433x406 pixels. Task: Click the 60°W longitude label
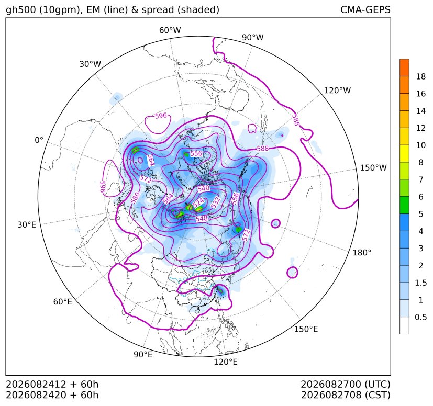tap(170, 30)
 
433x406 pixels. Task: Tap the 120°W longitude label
tap(337, 91)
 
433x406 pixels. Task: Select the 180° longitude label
tap(362, 253)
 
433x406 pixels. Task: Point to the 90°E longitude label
tap(143, 355)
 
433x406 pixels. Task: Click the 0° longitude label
tap(39, 140)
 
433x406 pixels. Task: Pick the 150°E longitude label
tap(306, 329)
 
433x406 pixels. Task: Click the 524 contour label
tap(198, 202)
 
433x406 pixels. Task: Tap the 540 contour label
tap(204, 188)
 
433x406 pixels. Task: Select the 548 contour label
tap(202, 219)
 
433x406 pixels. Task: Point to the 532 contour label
tap(216, 202)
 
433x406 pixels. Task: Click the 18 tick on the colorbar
tap(421, 76)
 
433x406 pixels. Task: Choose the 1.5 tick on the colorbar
tap(421, 283)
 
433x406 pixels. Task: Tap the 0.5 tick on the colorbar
tap(421, 317)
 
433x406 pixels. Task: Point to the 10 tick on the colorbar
tap(421, 145)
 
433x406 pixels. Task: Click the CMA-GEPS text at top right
tap(365, 9)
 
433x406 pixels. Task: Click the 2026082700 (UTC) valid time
tap(346, 384)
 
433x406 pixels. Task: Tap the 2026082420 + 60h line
tap(52, 395)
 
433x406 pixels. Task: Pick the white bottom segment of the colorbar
tap(404, 325)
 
